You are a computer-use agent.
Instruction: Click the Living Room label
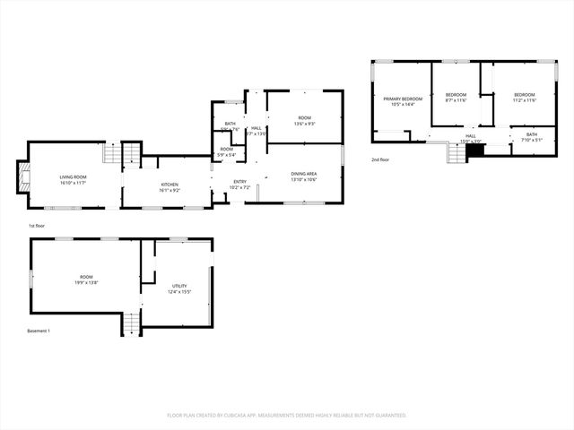pyautogui.click(x=73, y=177)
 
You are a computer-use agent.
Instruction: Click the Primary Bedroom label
pyautogui.click(x=403, y=99)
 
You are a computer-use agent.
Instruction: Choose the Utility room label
pyautogui.click(x=180, y=286)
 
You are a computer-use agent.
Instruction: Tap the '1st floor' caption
pyautogui.click(x=37, y=226)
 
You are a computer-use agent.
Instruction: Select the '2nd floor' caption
pyautogui.click(x=380, y=159)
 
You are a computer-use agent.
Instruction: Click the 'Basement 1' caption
pyautogui.click(x=39, y=331)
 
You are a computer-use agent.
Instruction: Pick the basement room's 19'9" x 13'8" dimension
pyautogui.click(x=85, y=282)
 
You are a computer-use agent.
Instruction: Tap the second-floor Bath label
pyautogui.click(x=532, y=135)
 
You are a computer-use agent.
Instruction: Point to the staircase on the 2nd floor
pyautogui.click(x=457, y=154)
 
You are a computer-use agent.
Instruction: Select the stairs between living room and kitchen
pyautogui.click(x=131, y=153)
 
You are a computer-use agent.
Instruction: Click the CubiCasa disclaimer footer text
pyautogui.click(x=287, y=415)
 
